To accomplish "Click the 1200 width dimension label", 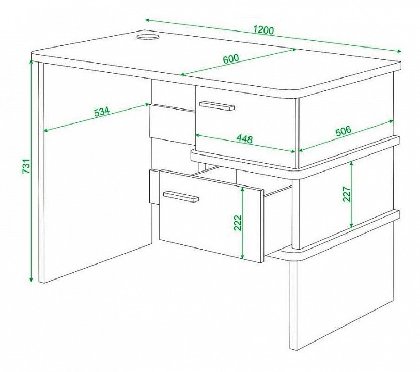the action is point(264,30).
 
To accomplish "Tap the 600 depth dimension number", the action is point(230,59).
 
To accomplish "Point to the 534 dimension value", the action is point(102,111).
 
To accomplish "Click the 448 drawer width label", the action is point(244,139).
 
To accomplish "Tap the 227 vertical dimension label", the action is point(347,194).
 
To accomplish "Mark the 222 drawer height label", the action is point(238,223).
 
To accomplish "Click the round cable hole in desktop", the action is point(148,37).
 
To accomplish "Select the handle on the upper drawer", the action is point(216,105).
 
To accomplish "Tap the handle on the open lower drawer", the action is point(181,196).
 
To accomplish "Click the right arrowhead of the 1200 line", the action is point(399,51).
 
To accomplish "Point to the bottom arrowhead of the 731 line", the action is point(32,280).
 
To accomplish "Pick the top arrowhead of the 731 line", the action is point(32,63).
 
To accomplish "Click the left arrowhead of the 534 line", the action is point(46,130).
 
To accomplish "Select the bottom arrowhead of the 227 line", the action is point(351,225).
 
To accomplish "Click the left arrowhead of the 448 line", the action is point(198,135).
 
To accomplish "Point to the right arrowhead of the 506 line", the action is point(391,121).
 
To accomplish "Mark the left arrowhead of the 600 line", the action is point(183,75).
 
